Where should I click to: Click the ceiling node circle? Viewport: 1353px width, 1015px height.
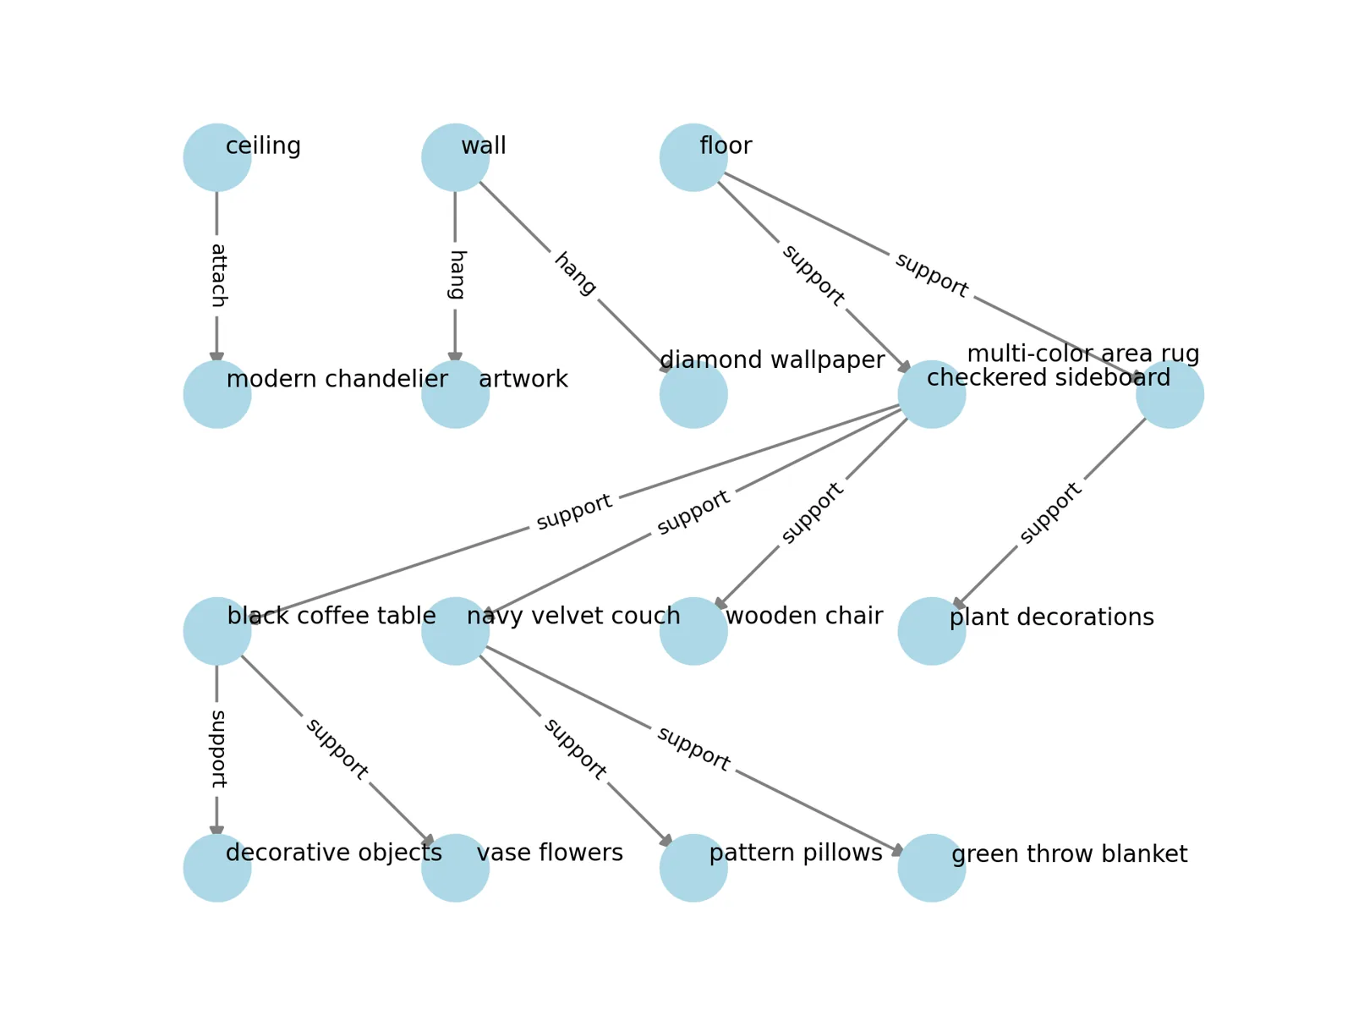(x=217, y=157)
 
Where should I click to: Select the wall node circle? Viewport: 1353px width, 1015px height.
(x=455, y=157)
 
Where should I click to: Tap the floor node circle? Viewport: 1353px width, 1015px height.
(x=693, y=157)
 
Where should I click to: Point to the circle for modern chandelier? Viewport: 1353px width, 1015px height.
(x=217, y=394)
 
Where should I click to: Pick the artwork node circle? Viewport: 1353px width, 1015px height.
(x=455, y=394)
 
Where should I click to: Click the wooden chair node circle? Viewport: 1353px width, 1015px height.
(x=693, y=631)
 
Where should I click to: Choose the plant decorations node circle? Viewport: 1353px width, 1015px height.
(x=932, y=631)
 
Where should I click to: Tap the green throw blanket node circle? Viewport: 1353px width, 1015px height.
(x=932, y=868)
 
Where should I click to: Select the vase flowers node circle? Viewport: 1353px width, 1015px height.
(x=455, y=868)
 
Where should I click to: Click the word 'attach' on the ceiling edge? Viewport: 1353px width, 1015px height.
(x=218, y=276)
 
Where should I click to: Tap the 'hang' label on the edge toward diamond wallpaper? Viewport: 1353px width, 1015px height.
(x=575, y=274)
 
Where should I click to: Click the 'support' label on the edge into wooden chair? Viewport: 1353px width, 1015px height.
(x=813, y=513)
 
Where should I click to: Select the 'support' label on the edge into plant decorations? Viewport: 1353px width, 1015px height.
(x=1050, y=513)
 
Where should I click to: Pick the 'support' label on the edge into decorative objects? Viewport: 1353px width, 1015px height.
(x=218, y=749)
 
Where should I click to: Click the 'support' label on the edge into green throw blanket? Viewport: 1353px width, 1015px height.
(x=693, y=749)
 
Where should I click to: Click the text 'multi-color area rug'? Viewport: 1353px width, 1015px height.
(x=1083, y=354)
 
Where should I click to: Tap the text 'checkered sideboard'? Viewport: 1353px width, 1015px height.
(x=1049, y=377)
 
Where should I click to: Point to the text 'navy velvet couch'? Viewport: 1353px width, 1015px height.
(x=573, y=616)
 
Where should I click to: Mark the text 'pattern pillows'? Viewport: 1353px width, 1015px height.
(x=796, y=853)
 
